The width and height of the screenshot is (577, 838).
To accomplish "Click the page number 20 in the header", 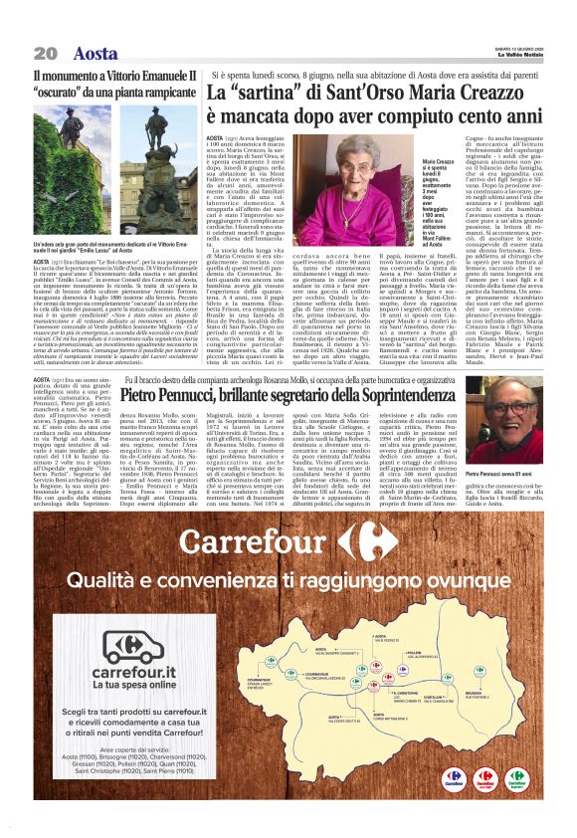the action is [x=45, y=53].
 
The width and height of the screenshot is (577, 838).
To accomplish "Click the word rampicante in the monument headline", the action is [x=164, y=94].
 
